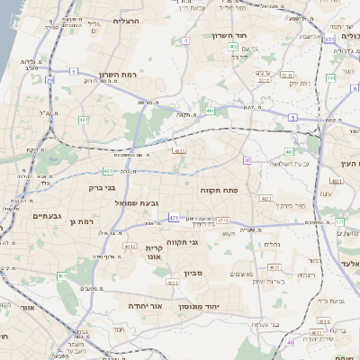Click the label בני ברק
tap(102, 189)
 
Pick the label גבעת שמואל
tap(137, 203)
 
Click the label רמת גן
tap(81, 221)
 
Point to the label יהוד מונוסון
tap(211, 305)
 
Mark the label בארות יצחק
tap(270, 282)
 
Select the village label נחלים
tap(271, 244)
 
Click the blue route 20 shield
tap(49, 80)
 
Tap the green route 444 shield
tap(331, 77)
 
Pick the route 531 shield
tap(330, 40)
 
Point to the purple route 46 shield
tap(290, 343)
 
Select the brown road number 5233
tap(264, 79)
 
